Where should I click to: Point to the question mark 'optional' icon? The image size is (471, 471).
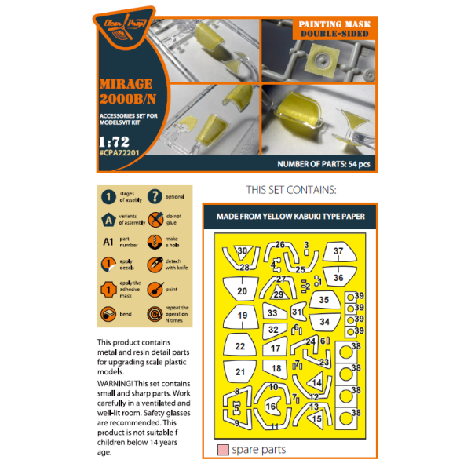[x=155, y=196]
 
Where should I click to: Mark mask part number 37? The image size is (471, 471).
[x=338, y=253]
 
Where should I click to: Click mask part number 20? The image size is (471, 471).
[x=242, y=291]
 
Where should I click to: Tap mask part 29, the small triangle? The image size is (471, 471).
[x=278, y=294]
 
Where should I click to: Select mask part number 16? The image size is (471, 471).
[x=271, y=407]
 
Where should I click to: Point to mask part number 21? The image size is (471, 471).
[x=241, y=372]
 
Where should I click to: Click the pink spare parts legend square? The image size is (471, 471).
[x=222, y=450]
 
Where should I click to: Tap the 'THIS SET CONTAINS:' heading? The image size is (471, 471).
[x=290, y=190]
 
